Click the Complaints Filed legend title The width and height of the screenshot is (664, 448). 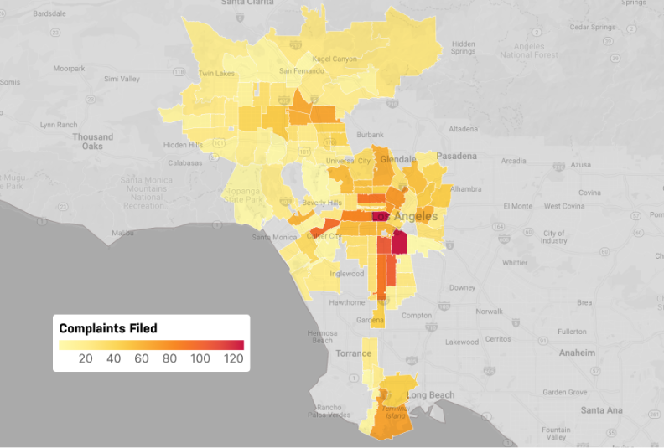point(107,328)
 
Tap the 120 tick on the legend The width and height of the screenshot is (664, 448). point(234,359)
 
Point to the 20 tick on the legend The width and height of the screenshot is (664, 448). point(85,359)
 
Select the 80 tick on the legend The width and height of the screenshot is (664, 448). point(169,359)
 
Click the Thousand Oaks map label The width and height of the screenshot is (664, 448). point(92,142)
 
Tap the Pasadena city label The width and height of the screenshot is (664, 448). point(455,156)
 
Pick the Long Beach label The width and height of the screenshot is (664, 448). point(430,395)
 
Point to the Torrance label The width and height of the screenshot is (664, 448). point(353,353)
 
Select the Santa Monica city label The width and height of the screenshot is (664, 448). point(274,237)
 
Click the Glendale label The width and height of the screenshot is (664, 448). point(398,159)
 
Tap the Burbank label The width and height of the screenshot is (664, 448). point(370,135)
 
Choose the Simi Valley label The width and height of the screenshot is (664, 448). point(122,79)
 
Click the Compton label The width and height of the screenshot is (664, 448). point(417,316)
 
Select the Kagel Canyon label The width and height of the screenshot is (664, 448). point(334,59)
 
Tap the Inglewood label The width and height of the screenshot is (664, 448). point(347,274)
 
